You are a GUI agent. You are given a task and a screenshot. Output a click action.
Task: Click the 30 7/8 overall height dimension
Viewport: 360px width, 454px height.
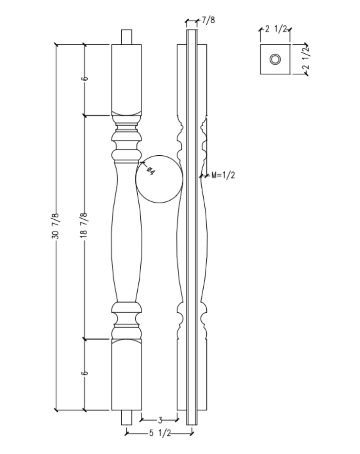(x=56, y=227)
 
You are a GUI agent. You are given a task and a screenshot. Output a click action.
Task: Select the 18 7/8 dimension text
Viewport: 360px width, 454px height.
(x=84, y=227)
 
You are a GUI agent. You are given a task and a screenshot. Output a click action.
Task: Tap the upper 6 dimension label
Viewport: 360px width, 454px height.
(x=84, y=78)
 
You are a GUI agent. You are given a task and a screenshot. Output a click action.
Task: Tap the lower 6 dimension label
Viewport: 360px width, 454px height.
(x=84, y=373)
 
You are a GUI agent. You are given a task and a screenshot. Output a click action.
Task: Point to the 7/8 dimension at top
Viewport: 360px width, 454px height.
(x=208, y=20)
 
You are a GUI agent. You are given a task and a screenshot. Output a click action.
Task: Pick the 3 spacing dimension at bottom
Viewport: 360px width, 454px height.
(x=160, y=420)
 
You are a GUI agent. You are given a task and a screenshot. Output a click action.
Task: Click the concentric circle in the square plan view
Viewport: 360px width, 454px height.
(x=275, y=59)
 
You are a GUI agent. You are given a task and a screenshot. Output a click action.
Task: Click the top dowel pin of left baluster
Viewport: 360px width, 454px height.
(x=127, y=37)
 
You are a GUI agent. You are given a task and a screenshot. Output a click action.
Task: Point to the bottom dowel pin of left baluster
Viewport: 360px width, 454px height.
(x=127, y=418)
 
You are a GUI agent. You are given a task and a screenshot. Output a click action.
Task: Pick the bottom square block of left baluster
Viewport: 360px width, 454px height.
(x=126, y=374)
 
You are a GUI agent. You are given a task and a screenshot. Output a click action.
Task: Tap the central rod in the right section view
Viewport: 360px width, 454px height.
(x=192, y=227)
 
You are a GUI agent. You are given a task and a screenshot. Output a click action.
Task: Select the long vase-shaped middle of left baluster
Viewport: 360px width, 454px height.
(x=126, y=232)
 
